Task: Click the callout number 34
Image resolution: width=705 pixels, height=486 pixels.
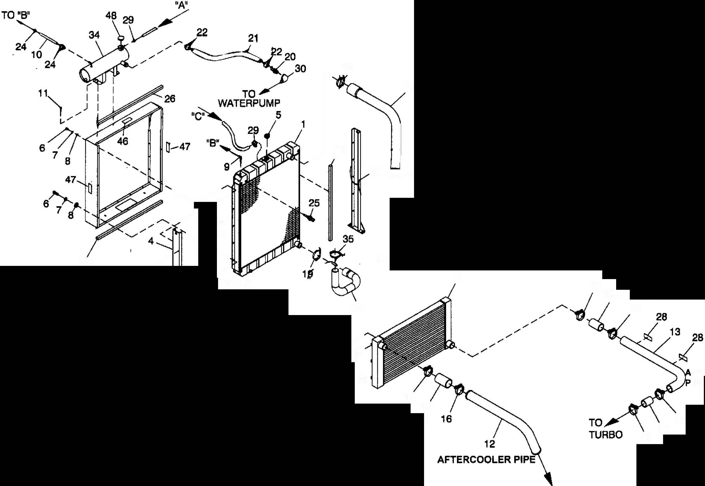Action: point(94,35)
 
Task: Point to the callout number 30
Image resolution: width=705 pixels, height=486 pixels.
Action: point(300,69)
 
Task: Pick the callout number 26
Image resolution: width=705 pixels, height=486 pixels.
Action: point(170,99)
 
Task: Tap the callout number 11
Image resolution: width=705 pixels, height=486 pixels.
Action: point(43,93)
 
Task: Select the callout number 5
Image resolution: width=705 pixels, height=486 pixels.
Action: point(278,115)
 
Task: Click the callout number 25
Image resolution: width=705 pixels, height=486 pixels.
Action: point(314,203)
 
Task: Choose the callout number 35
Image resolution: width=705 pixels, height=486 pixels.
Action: point(348,239)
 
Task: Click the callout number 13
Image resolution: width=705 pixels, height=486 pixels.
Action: point(675,332)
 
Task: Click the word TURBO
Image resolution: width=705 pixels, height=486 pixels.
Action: point(605,435)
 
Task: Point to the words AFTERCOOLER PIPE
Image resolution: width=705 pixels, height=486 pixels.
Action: point(486,460)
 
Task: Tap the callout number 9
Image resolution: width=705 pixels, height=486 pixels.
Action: point(227,167)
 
